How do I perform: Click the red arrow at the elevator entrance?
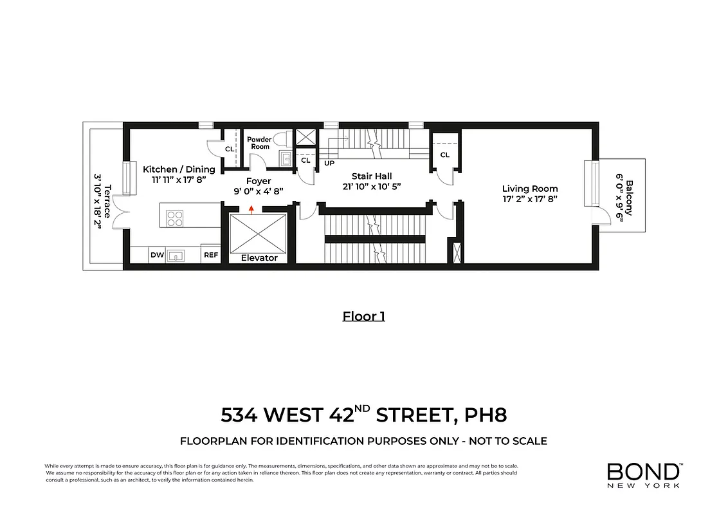tap(251, 209)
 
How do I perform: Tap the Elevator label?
tap(259, 257)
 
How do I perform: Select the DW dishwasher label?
tap(157, 255)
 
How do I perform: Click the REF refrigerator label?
tap(211, 255)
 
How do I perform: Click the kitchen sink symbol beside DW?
tap(176, 256)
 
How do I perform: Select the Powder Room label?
tap(260, 142)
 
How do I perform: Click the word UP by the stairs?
tap(329, 163)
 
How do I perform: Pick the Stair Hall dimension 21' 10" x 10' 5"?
tap(371, 186)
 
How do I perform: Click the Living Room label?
tap(530, 189)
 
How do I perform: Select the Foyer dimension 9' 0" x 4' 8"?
tap(259, 191)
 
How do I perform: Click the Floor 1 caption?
tap(363, 316)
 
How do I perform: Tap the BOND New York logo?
tap(644, 475)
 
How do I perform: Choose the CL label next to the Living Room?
tap(444, 155)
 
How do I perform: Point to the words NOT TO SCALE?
tap(508, 441)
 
